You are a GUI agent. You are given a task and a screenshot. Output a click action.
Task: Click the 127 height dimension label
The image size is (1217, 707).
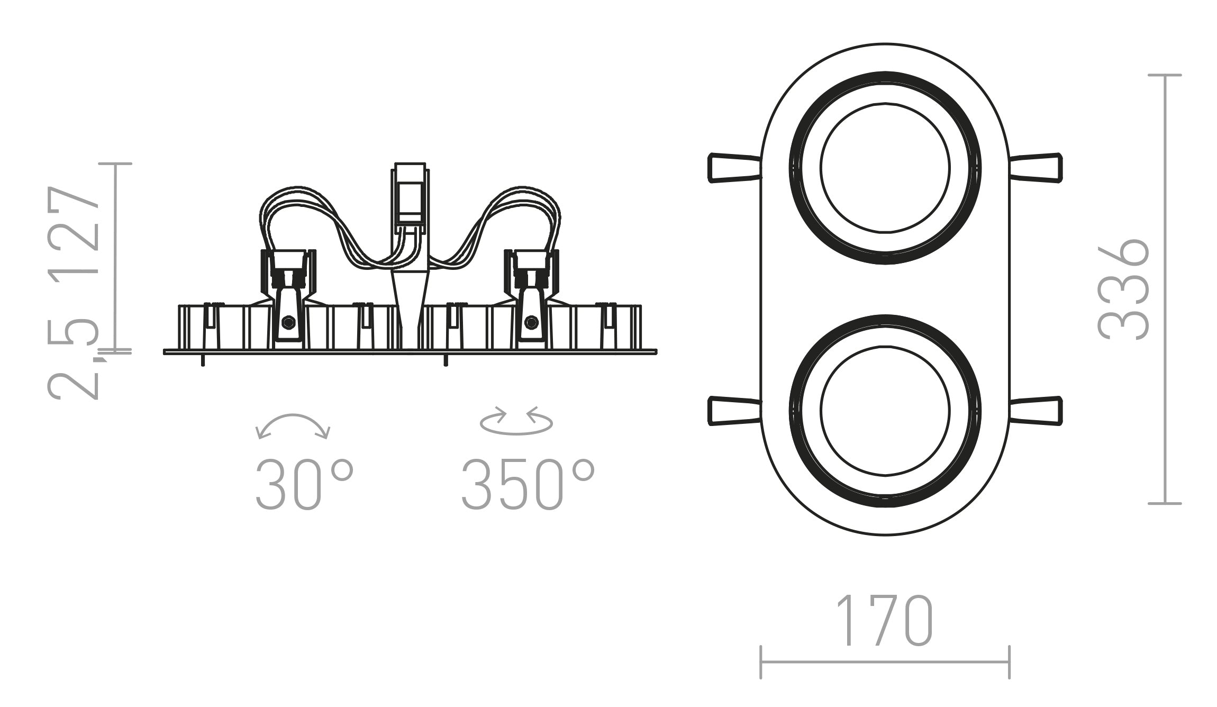pos(74,230)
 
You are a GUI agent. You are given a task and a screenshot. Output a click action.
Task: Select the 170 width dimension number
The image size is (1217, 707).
pos(885,621)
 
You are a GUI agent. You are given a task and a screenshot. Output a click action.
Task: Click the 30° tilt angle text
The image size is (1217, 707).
pos(303,485)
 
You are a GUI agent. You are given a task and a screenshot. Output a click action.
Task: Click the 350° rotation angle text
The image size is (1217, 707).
pos(528,485)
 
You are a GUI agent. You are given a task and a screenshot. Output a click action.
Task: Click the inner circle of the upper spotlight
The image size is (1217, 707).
pos(885,168)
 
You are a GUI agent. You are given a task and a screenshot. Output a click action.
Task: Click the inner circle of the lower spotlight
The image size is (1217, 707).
pos(885,411)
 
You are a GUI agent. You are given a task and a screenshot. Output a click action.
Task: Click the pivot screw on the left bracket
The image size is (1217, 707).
pos(288,322)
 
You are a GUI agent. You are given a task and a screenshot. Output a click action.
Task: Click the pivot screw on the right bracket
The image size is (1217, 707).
pos(530,321)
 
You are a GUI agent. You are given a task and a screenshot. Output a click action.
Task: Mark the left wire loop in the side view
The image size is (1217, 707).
pos(302,212)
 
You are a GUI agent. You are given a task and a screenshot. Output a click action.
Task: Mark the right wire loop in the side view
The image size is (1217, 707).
pos(519,212)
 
